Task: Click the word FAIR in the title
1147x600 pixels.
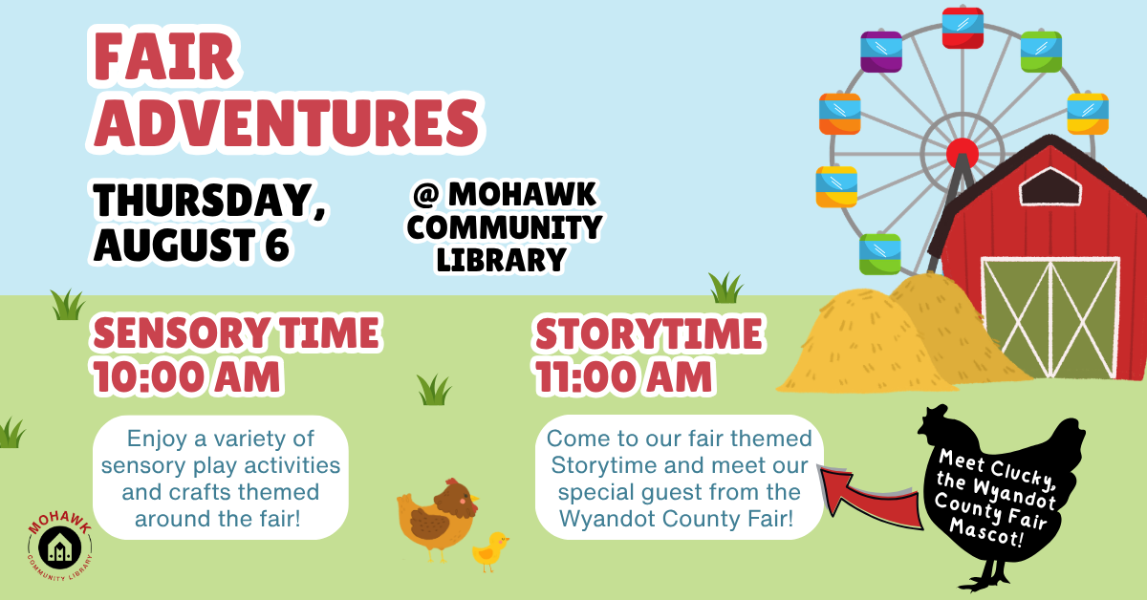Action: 163,56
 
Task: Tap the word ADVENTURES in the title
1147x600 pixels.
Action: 286,123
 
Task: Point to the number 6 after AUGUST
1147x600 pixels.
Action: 277,245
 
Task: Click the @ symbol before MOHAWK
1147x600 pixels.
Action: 426,195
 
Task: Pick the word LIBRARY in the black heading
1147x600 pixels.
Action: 501,260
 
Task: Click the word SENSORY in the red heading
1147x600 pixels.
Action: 182,333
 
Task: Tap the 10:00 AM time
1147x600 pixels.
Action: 186,376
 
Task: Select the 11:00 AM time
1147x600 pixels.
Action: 623,377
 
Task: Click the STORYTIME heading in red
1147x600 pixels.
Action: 649,333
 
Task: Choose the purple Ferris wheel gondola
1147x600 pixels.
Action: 881,52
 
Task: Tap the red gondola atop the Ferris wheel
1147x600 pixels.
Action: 963,28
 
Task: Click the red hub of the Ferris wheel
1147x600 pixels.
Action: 963,153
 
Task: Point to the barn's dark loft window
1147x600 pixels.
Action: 1050,187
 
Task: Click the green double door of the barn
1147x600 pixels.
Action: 1050,318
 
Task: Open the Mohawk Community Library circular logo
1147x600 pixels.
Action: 60,546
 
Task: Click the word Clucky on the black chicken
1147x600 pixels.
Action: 1022,475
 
